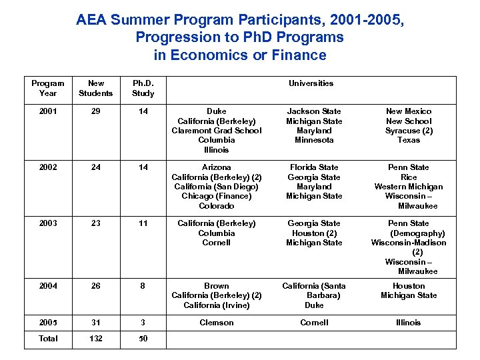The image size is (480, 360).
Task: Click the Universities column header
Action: (x=311, y=83)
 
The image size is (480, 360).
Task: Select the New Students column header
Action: (x=96, y=88)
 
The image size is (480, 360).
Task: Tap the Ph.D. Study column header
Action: (x=143, y=88)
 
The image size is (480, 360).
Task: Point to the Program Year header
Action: (x=48, y=88)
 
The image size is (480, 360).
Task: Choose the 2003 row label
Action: (x=48, y=223)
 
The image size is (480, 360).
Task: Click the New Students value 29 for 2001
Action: (x=96, y=111)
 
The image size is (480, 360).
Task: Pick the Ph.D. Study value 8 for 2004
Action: (x=143, y=286)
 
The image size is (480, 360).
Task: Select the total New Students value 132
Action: (x=96, y=339)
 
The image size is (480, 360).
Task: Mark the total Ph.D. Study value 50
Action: (x=143, y=339)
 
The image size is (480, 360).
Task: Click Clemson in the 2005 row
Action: (x=217, y=323)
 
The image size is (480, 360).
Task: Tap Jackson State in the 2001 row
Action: (x=314, y=111)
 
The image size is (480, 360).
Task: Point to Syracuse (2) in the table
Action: (x=409, y=131)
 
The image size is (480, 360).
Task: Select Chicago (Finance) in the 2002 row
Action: (x=217, y=196)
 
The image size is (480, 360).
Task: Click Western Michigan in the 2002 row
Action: (x=409, y=187)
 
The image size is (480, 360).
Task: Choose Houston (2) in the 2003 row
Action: (x=314, y=233)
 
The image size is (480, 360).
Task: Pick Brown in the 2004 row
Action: (x=217, y=286)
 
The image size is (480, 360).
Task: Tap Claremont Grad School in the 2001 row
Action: (x=217, y=131)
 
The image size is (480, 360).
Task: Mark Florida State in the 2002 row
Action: (x=314, y=167)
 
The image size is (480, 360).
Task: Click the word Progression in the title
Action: (x=175, y=37)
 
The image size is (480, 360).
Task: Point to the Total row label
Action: (x=48, y=339)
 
